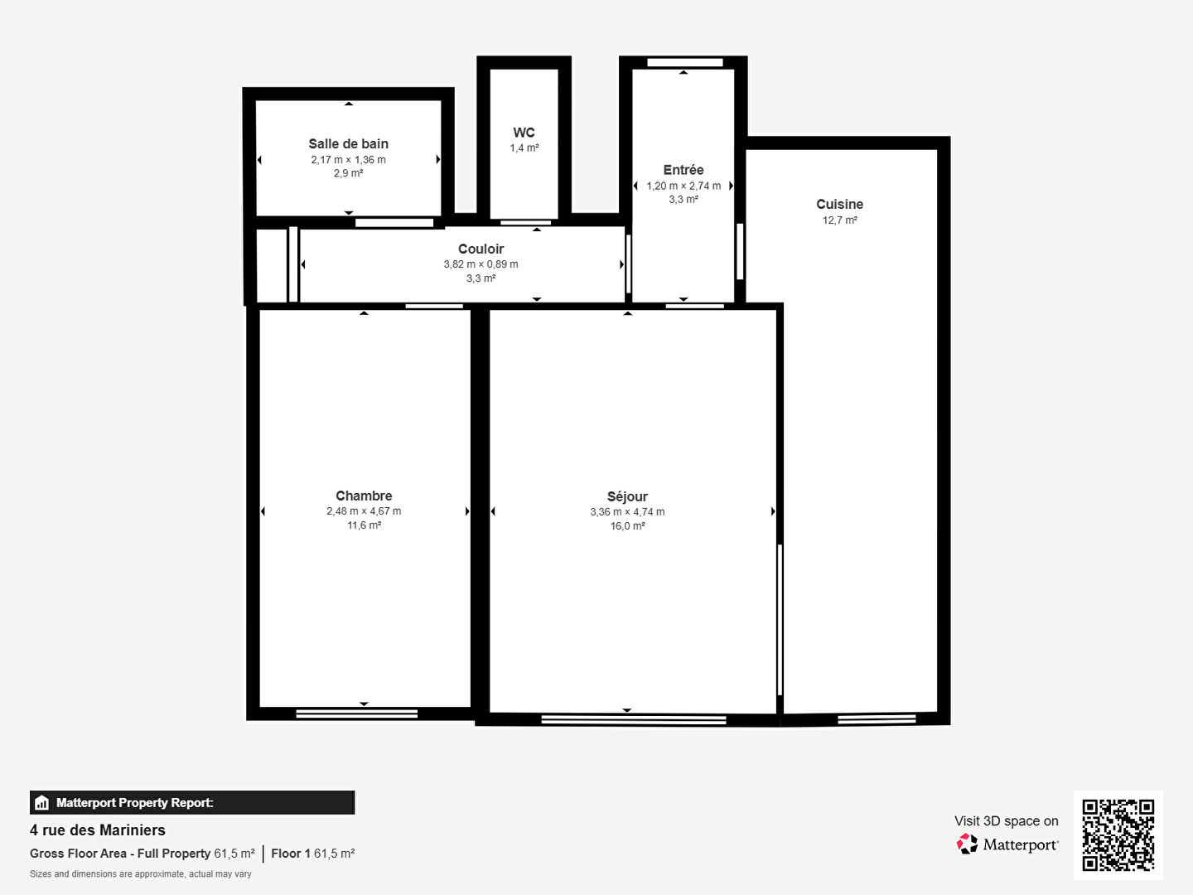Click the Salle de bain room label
click(348, 144)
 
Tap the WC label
click(524, 133)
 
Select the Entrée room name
click(683, 170)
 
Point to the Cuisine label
click(839, 205)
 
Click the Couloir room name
click(481, 249)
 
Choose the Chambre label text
click(364, 496)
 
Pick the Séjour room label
click(627, 497)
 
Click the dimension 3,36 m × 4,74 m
click(627, 512)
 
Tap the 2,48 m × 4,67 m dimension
click(364, 511)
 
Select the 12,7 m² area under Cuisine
click(839, 220)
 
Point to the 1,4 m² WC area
click(524, 148)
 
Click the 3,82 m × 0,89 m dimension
click(481, 264)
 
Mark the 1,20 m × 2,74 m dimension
click(683, 186)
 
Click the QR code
click(1118, 835)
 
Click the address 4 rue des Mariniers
click(98, 830)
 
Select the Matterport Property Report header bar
click(192, 802)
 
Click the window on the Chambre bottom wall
click(357, 714)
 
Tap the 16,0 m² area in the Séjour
click(627, 526)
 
